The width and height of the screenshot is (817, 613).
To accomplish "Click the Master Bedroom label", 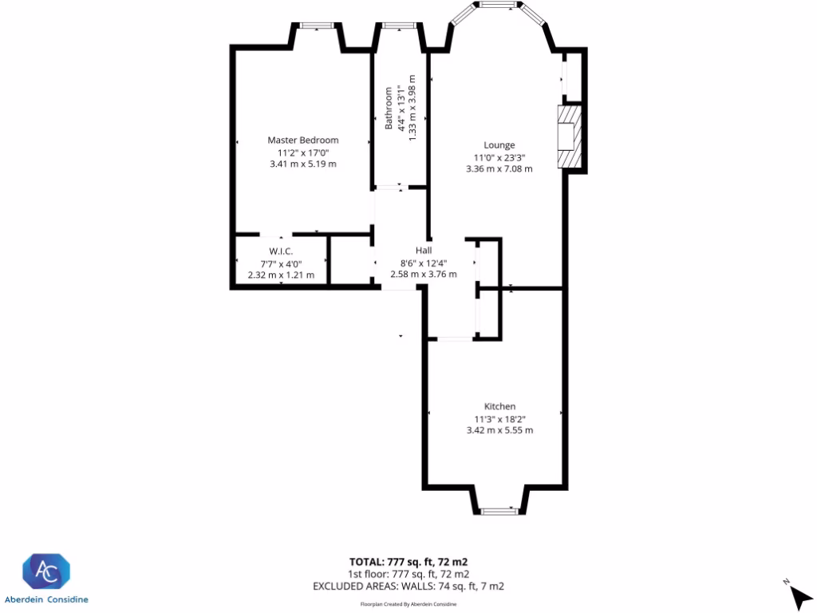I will coord(303,140).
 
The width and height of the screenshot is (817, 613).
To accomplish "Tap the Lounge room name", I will coord(499,145).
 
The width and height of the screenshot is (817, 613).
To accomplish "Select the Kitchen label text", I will coord(499,406).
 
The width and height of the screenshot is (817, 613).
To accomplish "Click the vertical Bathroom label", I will coord(390,109).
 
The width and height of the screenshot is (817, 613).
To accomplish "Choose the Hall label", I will coord(424,250).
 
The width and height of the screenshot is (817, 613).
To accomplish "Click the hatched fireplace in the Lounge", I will coord(567,137).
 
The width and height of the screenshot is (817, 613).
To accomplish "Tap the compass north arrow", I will coord(799,595).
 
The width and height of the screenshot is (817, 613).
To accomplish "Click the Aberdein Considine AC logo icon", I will coord(46,571).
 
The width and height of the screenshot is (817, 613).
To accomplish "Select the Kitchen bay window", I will coord(499,510).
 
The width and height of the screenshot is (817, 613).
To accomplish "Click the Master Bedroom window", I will coord(317,26).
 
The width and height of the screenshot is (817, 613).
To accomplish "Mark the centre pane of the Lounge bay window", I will coord(500,6).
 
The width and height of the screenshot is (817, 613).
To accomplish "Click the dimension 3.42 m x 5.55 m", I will coord(499,430).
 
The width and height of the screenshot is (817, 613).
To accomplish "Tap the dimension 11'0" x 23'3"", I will coord(499,157).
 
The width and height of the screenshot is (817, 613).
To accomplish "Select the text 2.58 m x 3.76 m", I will coord(423,274).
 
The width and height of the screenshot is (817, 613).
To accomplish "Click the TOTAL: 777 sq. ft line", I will coord(413,562).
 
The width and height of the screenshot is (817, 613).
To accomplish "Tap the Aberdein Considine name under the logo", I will coord(46,599).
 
